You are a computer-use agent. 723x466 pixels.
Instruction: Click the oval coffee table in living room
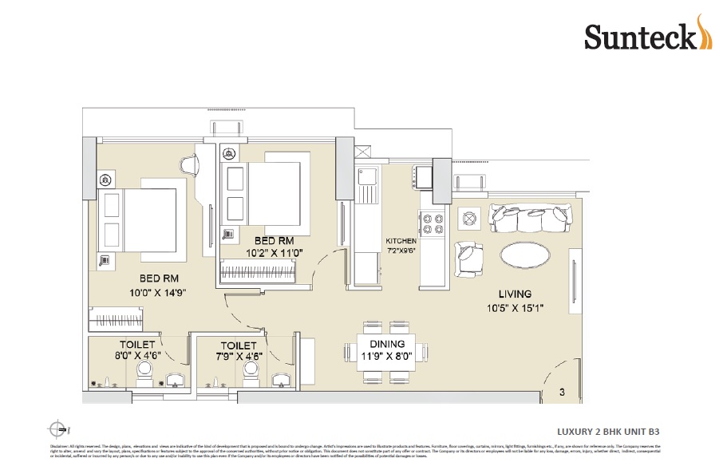click(x=524, y=256)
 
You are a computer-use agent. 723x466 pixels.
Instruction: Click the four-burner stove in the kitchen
click(x=433, y=224)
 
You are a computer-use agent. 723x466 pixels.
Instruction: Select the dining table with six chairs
click(x=386, y=352)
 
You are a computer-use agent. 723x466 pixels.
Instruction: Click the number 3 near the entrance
click(x=562, y=392)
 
